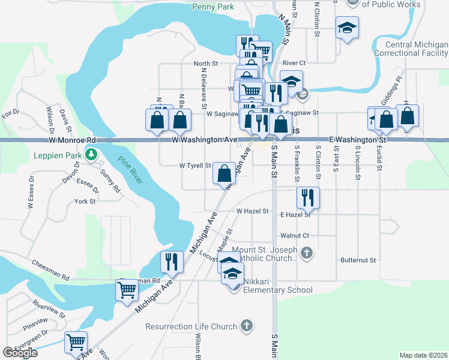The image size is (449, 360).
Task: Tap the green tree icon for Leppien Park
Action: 91,155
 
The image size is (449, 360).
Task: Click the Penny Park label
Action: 212,7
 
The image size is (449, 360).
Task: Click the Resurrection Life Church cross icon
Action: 246,326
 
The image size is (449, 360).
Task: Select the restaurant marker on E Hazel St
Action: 308,197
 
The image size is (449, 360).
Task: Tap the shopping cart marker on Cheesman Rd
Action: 127,290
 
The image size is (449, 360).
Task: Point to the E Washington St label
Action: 357,139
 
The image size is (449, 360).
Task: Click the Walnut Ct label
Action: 295,236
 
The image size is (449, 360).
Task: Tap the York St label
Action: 85,202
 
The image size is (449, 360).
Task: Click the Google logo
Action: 20,353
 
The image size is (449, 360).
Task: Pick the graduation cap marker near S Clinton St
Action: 347,28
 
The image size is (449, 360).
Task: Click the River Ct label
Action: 294,62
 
